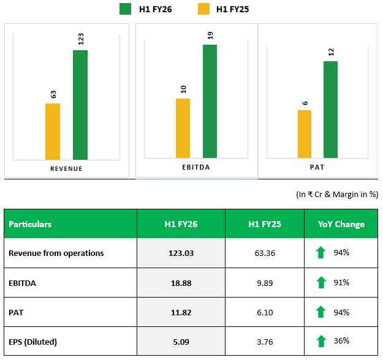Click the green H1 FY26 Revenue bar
80,104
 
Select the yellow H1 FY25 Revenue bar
53,131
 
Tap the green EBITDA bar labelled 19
210,102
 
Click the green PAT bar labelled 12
331,110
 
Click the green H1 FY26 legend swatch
126,9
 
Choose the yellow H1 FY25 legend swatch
202,9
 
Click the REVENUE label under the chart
66,169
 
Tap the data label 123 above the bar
80,39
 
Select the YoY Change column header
341,224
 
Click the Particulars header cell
30,224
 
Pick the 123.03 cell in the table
181,253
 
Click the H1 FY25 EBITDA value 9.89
265,282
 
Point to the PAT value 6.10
265,312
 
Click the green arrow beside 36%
320,342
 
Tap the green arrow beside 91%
320,282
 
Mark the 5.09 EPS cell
181,342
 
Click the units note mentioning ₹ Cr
336,195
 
